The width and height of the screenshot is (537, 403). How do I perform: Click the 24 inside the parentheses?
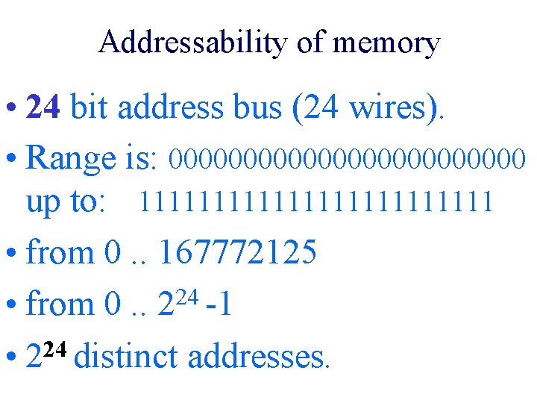[x=320, y=108]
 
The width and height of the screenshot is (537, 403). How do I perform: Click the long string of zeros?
[x=348, y=158]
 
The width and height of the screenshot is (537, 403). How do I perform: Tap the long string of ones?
[x=317, y=201]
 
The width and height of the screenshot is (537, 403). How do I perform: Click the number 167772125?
[x=237, y=253]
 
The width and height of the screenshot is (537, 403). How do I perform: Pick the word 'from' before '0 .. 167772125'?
[x=58, y=253]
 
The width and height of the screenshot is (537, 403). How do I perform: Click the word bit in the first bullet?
[x=89, y=108]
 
